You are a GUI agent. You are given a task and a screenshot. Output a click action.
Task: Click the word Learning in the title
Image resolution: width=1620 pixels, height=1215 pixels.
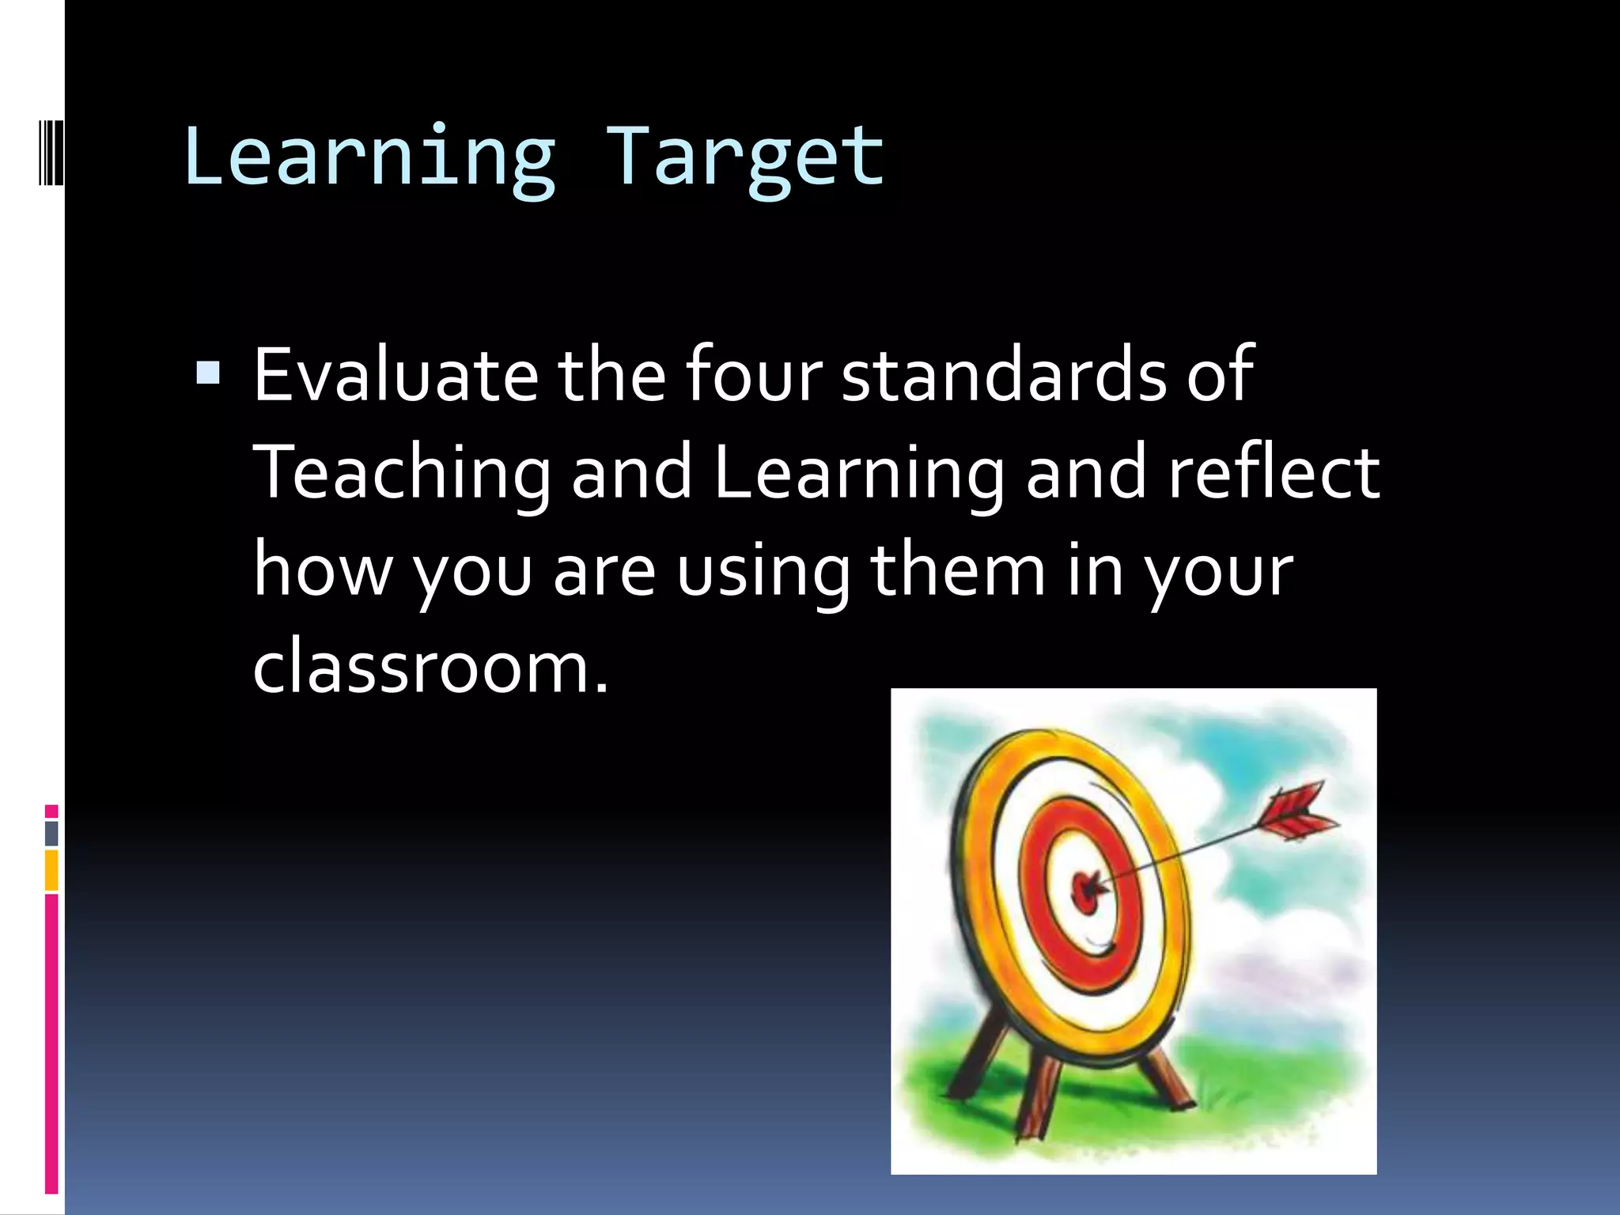[369, 158]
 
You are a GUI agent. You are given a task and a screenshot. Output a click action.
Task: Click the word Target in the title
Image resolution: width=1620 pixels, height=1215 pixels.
[744, 158]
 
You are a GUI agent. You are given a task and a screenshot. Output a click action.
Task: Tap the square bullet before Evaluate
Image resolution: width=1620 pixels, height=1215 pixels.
[208, 373]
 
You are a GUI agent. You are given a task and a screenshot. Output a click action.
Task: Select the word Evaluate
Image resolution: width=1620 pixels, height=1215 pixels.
[396, 375]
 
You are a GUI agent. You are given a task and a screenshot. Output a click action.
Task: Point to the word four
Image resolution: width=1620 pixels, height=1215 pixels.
[753, 375]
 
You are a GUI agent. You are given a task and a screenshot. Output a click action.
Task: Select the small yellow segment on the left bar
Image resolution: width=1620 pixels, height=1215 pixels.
[51, 870]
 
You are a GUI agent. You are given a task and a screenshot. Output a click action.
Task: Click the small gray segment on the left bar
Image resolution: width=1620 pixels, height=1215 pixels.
[51, 833]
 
